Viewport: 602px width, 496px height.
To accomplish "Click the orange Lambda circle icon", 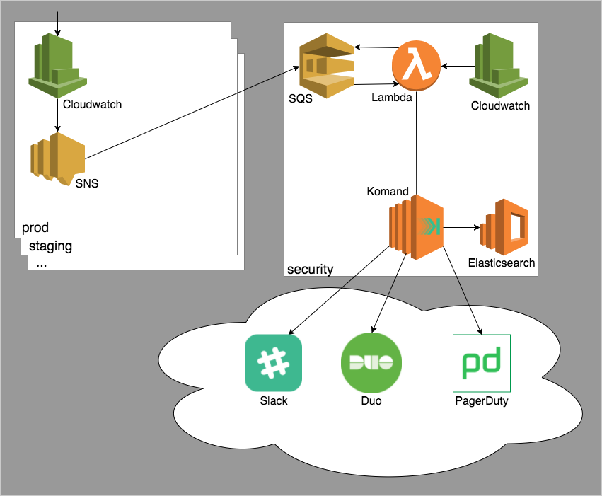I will (417, 67).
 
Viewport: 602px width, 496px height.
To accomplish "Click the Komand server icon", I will (416, 228).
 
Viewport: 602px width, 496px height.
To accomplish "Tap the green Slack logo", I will (273, 363).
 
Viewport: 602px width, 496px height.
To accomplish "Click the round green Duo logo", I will (371, 363).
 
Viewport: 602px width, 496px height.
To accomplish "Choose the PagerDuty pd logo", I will (481, 363).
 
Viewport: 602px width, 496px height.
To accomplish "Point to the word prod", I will (35, 228).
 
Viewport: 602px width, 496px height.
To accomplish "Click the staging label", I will (50, 246).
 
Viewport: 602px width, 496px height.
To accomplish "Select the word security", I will (310, 269).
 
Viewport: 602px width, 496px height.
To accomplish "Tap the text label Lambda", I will (391, 98).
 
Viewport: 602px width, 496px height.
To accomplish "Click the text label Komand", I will (387, 191).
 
